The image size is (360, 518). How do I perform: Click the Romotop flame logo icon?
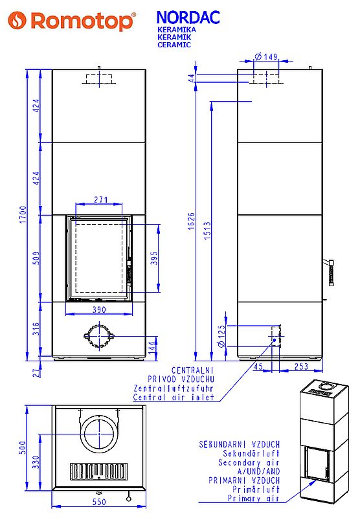[x=17, y=20]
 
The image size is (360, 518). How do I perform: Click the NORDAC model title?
[x=188, y=17]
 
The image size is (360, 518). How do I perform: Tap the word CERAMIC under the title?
[x=174, y=45]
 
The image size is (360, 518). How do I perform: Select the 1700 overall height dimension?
[x=23, y=214]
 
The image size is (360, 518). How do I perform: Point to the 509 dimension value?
[x=37, y=258]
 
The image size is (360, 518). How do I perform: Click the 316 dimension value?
[x=37, y=329]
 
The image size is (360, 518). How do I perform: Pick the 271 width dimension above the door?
[x=101, y=199]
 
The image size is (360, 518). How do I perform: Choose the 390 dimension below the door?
[x=99, y=310]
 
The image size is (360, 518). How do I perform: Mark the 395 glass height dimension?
[x=154, y=258]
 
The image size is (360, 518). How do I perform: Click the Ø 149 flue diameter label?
[x=266, y=56]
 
